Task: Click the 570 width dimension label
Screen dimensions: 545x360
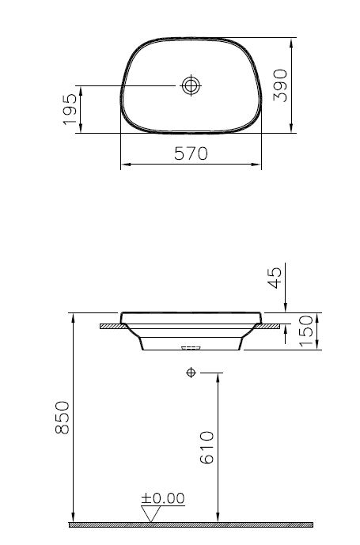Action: click(191, 154)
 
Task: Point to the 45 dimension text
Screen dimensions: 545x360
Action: click(276, 278)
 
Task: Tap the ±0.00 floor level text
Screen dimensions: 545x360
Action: click(162, 498)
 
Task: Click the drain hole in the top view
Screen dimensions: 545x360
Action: click(191, 85)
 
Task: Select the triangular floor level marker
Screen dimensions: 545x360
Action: click(150, 514)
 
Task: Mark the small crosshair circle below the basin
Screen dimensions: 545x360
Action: click(191, 372)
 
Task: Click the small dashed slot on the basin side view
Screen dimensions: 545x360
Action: click(191, 347)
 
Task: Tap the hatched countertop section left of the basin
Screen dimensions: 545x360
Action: click(109, 324)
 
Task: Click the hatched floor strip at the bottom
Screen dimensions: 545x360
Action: click(190, 524)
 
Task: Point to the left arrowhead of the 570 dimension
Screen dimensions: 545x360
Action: click(123, 166)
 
